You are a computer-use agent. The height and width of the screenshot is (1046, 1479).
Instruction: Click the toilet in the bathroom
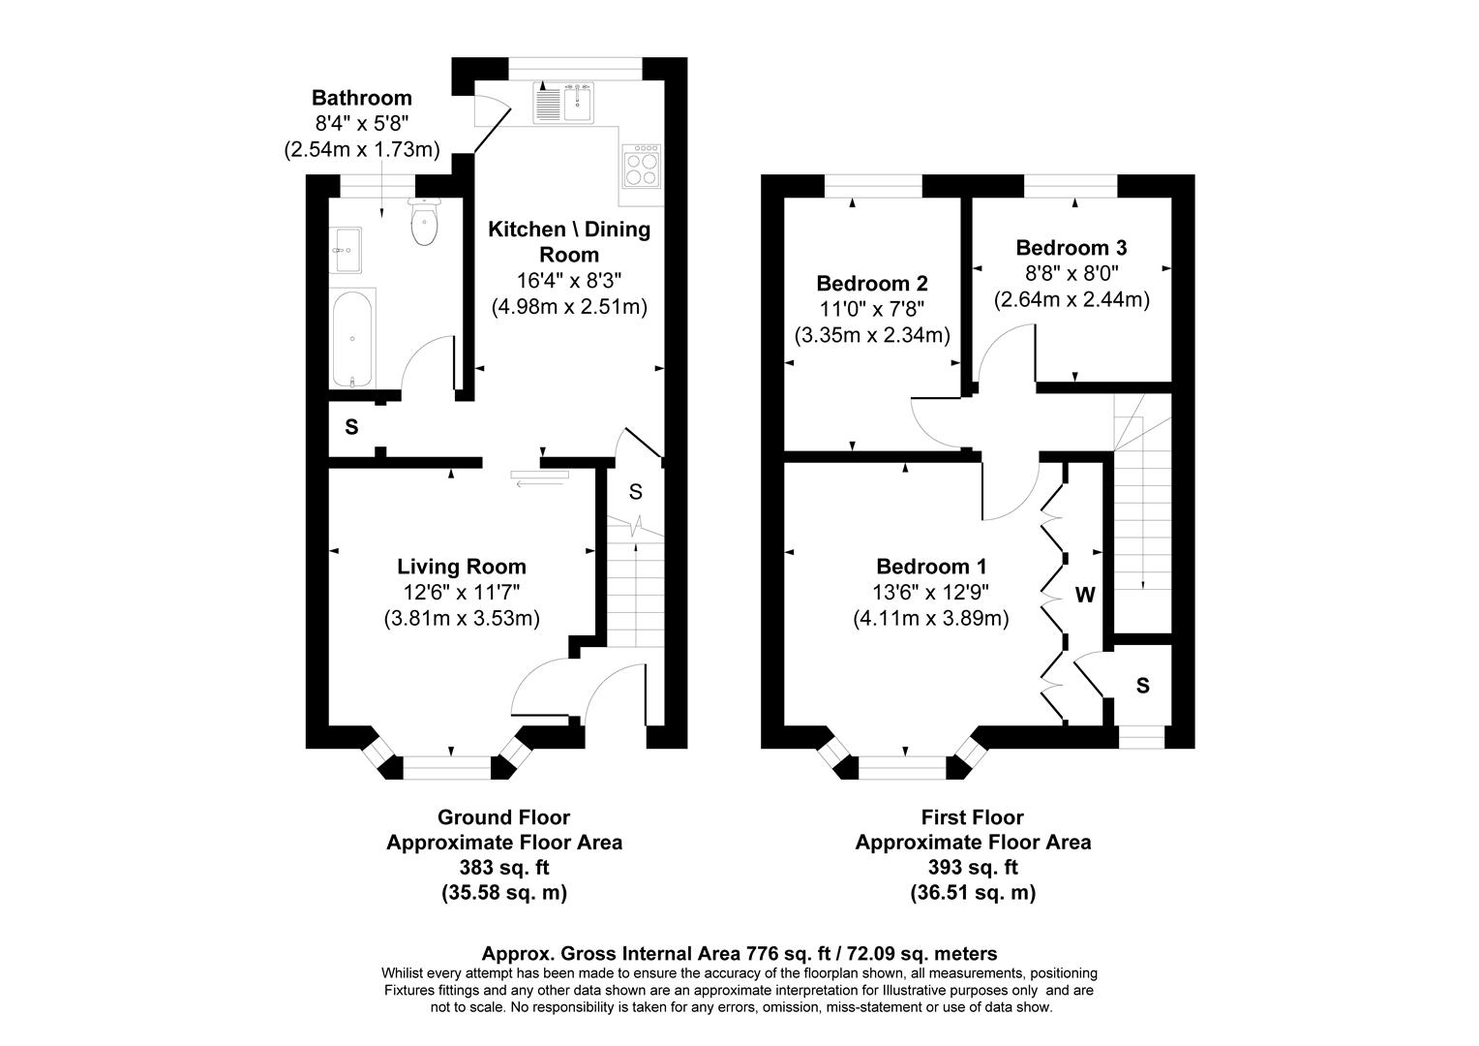point(424,224)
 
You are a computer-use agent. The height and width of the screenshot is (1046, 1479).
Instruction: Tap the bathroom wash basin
point(345,250)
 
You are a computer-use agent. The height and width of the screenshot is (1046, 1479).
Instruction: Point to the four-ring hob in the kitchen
point(641,165)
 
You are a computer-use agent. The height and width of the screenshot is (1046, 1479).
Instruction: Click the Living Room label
point(462,567)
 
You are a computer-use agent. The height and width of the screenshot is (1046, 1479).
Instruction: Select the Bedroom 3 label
point(1072,248)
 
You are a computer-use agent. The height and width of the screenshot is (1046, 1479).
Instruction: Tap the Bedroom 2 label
point(872,284)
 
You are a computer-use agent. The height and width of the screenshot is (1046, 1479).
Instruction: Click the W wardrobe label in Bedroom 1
point(1085,595)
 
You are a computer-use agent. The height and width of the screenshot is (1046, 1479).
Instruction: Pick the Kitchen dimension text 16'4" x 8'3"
point(569,281)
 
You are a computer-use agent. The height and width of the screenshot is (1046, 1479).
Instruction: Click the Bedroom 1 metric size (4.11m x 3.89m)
point(931,618)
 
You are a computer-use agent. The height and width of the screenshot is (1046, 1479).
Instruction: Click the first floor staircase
point(1142,513)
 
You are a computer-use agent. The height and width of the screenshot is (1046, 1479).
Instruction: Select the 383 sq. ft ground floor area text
point(503,868)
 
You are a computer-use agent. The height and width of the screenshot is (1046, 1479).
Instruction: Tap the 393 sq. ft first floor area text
point(973,868)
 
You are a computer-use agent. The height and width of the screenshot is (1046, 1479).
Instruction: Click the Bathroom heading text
point(361,98)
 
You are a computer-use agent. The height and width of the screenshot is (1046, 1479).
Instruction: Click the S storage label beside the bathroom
point(351,427)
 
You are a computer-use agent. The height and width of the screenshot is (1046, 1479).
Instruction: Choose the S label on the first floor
point(1142,686)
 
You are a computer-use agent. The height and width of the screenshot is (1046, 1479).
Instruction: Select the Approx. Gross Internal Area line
point(739,953)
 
